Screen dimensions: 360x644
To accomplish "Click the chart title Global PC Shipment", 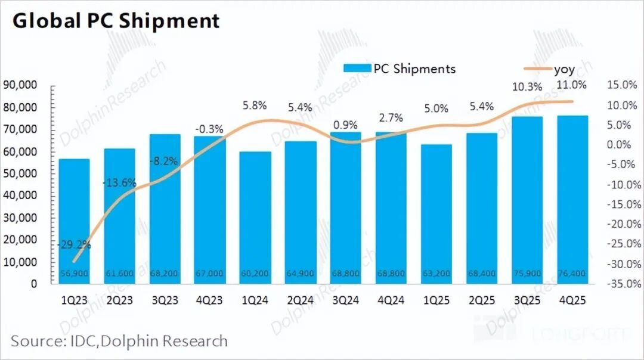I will pyautogui.click(x=116, y=21).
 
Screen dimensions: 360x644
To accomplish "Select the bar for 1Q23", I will pyautogui.click(x=75, y=221).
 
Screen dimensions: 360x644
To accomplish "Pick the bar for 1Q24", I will pyautogui.click(x=256, y=218).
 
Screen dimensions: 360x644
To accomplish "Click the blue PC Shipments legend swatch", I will pyautogui.click(x=357, y=69).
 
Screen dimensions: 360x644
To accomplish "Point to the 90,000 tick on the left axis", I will pyautogui.click(x=22, y=85).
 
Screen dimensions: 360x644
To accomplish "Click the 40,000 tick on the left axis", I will pyautogui.click(x=22, y=195).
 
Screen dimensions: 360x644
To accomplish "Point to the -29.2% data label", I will pyautogui.click(x=75, y=244).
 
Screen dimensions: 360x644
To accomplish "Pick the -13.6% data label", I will pyautogui.click(x=119, y=182).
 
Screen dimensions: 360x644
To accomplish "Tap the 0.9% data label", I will pyautogui.click(x=346, y=125).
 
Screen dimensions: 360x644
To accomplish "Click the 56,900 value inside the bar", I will pyautogui.click(x=75, y=274).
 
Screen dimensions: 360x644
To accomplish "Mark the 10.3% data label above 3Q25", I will pyautogui.click(x=527, y=87).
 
